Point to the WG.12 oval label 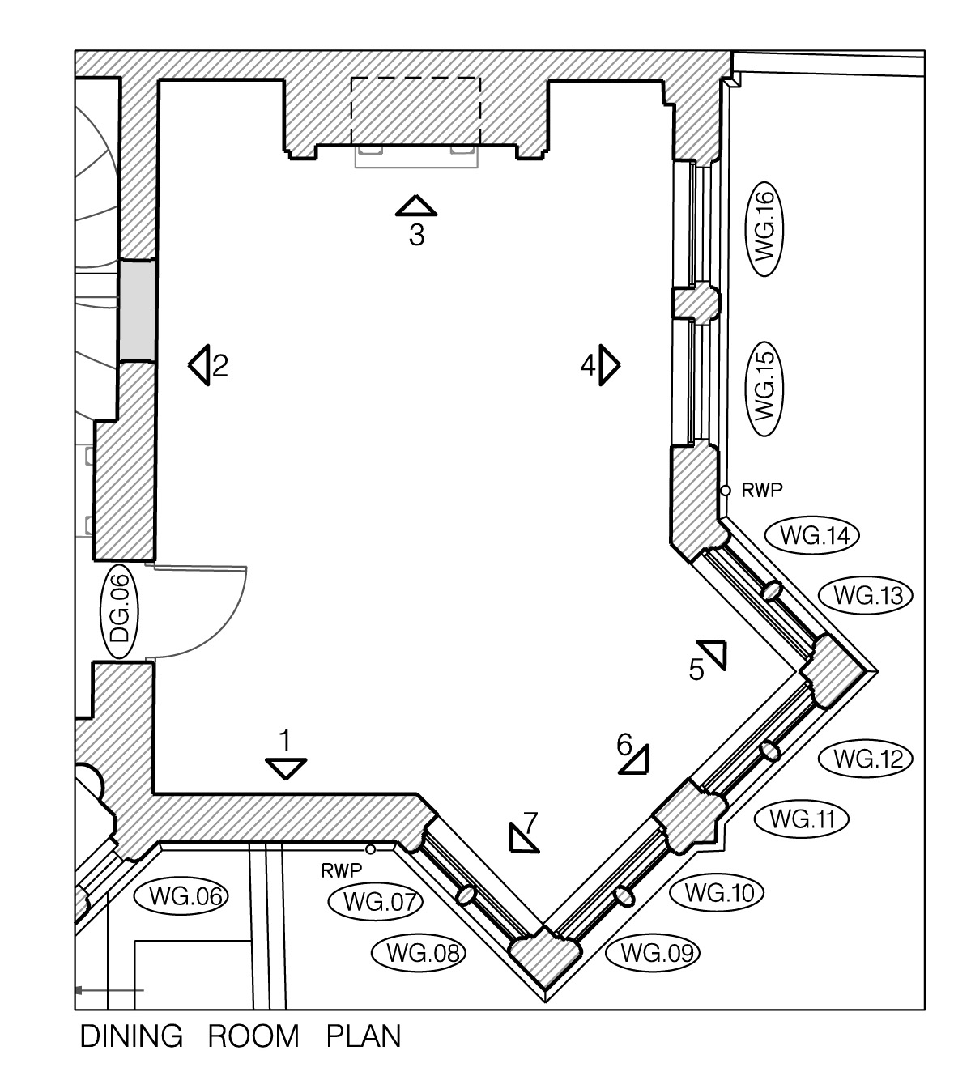(x=866, y=759)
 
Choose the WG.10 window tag (x=718, y=893)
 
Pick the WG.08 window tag (x=419, y=953)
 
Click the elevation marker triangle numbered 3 (x=416, y=207)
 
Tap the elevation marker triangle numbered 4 (x=610, y=366)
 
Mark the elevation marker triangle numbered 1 (x=286, y=767)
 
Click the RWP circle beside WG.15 (x=726, y=491)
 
